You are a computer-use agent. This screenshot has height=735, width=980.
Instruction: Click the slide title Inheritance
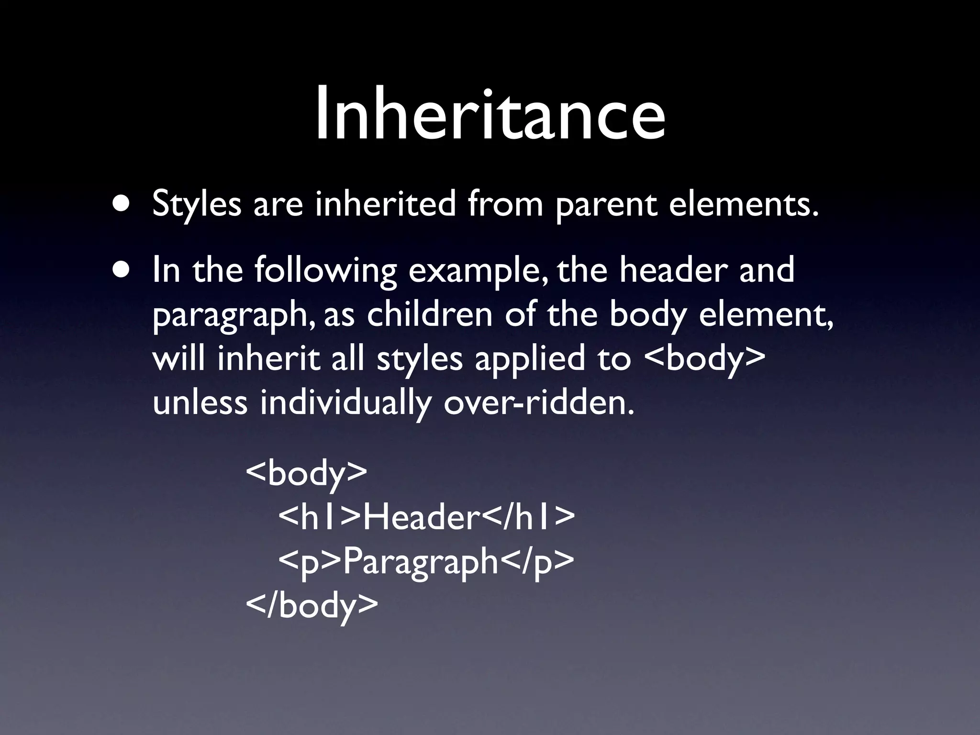coord(490,115)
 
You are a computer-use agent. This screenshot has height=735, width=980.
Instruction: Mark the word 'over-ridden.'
coord(539,403)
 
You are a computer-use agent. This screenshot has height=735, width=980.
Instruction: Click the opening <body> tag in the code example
coord(306,474)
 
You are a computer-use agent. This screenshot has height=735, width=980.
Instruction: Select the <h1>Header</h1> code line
coord(426,518)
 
